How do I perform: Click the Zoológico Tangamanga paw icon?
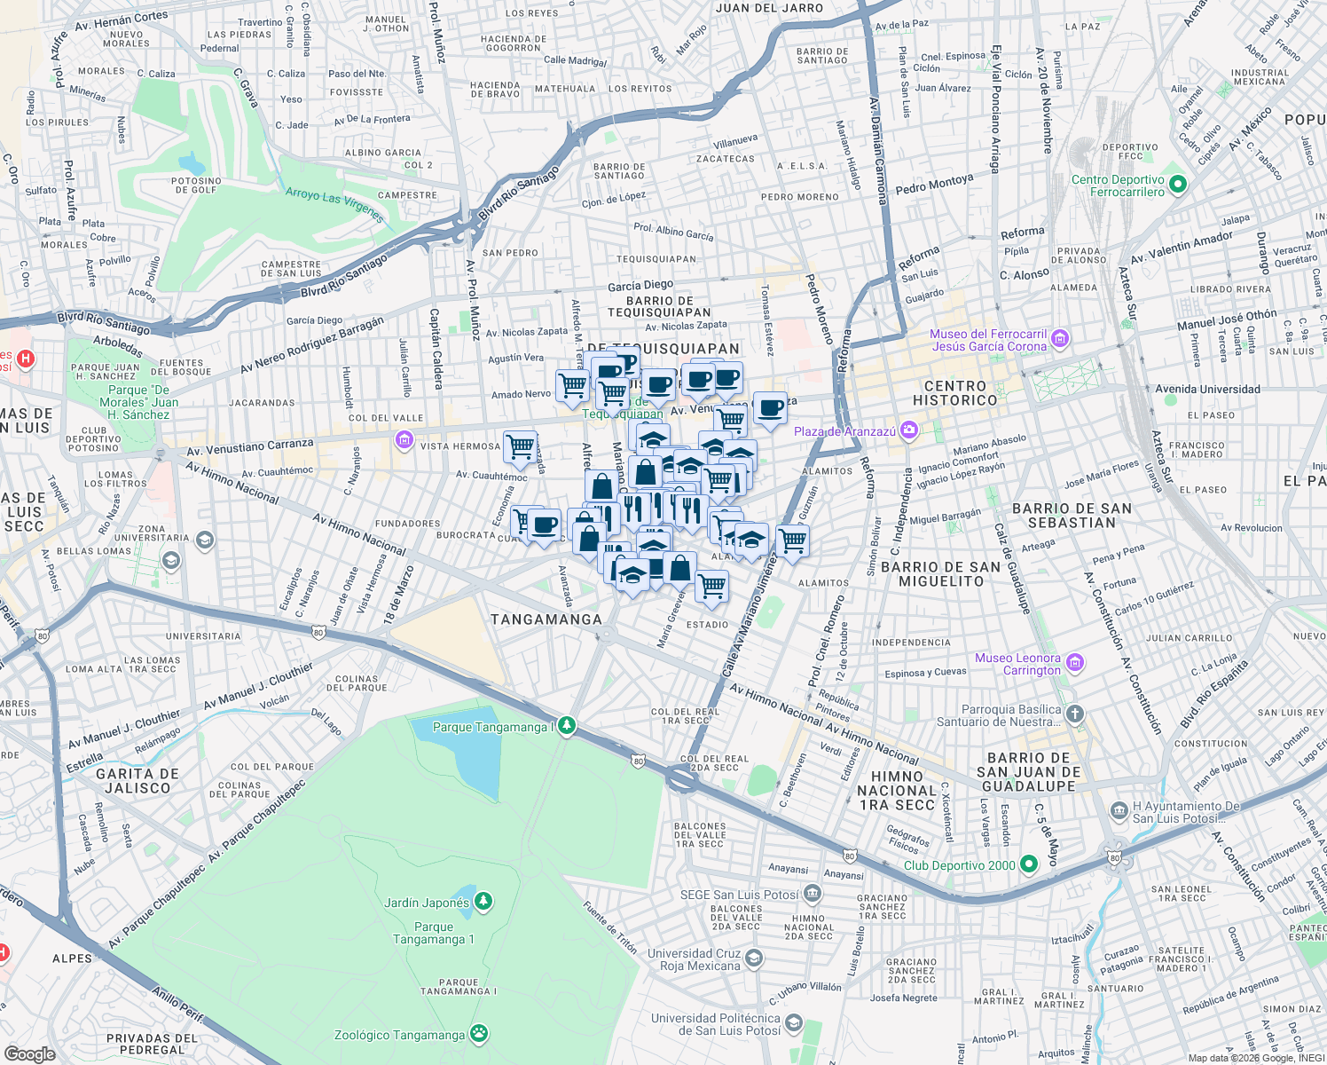click(x=479, y=1034)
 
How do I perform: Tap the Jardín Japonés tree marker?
click(x=483, y=902)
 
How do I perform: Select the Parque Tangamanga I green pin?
click(x=566, y=726)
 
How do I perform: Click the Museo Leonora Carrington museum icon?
click(x=1075, y=663)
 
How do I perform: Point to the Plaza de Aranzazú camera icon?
click(x=908, y=431)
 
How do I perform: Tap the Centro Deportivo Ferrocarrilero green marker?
click(x=1178, y=185)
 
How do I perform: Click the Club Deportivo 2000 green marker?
click(x=1029, y=864)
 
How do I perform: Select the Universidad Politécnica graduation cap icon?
click(x=794, y=1023)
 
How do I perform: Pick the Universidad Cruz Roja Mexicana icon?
click(x=754, y=958)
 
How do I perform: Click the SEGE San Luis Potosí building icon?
click(x=812, y=894)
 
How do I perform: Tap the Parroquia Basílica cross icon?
click(x=1074, y=714)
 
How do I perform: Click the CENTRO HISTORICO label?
click(x=954, y=393)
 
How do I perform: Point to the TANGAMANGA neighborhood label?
click(x=546, y=619)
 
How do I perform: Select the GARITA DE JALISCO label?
click(x=137, y=781)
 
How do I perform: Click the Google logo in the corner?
click(x=30, y=1053)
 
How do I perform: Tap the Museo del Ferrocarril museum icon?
click(x=1060, y=339)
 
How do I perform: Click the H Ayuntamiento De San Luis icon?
click(x=1119, y=811)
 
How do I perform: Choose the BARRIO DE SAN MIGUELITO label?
click(x=941, y=574)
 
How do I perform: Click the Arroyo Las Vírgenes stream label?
click(x=334, y=205)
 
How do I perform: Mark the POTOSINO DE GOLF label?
click(x=196, y=185)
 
